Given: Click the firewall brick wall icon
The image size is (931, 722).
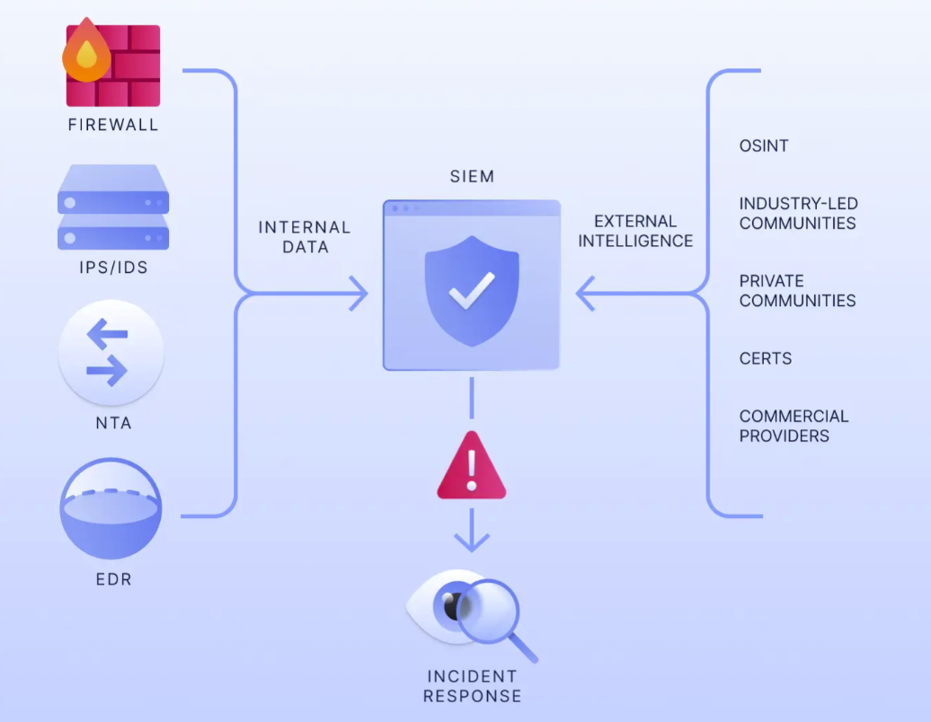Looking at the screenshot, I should [126, 67].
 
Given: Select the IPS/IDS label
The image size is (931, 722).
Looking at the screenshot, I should [113, 269].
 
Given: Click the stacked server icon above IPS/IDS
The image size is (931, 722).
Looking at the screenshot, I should [113, 207].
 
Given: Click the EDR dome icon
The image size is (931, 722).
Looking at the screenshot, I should [111, 508].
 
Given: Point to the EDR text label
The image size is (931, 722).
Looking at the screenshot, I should [113, 579].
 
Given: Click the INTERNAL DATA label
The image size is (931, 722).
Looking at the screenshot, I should [305, 237].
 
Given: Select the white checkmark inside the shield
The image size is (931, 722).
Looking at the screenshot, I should [472, 291].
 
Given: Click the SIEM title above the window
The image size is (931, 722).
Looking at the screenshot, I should [472, 176].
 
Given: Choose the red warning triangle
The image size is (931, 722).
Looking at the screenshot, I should [472, 468].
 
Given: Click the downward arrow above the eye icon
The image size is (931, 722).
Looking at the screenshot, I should [472, 540].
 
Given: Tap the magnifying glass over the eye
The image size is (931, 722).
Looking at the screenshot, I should [490, 610].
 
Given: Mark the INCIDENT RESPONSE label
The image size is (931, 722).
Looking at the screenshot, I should [472, 685].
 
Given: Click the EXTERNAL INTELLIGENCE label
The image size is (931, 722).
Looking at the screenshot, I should [635, 231].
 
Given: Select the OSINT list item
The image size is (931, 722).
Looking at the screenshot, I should [764, 145].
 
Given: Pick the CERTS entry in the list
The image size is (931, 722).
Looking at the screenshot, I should [766, 358].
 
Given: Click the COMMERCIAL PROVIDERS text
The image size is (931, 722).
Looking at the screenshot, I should [794, 426].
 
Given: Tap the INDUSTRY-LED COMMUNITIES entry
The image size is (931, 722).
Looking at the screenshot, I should [798, 214].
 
